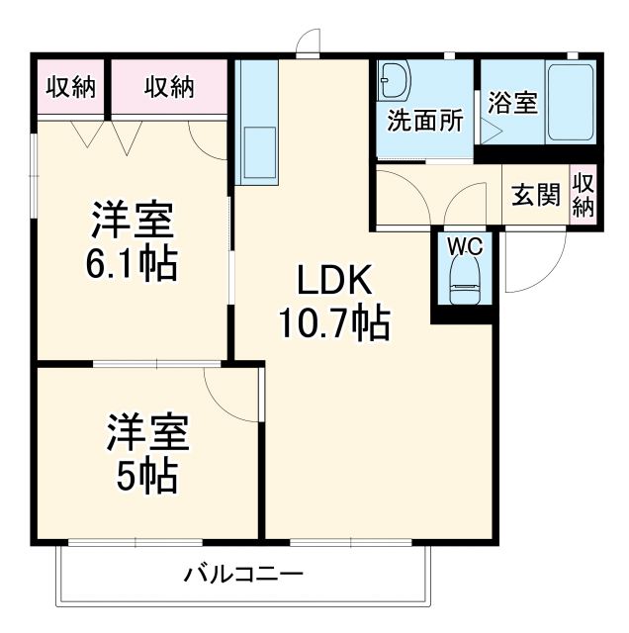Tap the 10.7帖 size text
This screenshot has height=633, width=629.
coord(333,323)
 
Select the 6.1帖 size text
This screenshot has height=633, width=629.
coord(135,263)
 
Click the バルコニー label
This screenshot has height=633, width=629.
coord(243,574)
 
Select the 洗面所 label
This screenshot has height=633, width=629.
coord(424,121)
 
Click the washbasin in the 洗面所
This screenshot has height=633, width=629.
coord(396,80)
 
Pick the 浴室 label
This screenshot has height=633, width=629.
coord(511,102)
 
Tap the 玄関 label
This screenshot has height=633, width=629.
coord(535,195)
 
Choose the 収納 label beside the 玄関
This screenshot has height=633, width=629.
coord(584,195)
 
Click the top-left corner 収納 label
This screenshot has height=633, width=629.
coord(71,87)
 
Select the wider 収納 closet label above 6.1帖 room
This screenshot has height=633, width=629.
coord(169,87)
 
